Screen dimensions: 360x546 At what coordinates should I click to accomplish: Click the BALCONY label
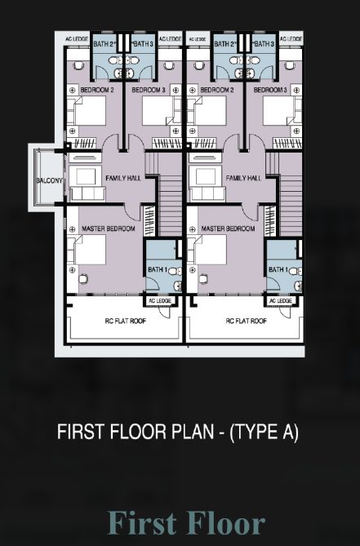[50, 180]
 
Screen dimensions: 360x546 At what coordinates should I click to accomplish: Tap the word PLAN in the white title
[192, 432]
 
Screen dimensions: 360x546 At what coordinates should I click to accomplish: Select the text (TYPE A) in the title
[264, 432]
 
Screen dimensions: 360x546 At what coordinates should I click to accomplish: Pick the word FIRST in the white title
[81, 432]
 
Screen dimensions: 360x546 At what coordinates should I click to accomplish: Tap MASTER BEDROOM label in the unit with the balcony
[109, 229]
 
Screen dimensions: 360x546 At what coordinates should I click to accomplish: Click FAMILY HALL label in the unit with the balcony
[123, 178]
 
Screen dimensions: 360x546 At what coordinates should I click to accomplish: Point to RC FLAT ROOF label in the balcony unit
[126, 321]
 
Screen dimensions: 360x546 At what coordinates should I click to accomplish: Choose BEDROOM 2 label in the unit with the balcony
[97, 91]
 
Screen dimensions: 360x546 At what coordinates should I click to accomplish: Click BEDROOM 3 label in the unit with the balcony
[149, 91]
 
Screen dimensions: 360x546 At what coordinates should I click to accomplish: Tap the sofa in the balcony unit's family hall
[87, 194]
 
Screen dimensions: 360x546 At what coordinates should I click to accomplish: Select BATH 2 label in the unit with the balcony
[104, 44]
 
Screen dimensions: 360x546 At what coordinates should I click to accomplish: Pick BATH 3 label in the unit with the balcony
[143, 44]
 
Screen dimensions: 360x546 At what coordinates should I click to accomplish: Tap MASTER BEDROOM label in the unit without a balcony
[228, 229]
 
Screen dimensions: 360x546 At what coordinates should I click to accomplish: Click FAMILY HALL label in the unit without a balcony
[243, 178]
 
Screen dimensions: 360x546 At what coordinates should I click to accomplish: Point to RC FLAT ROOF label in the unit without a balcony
[247, 321]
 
